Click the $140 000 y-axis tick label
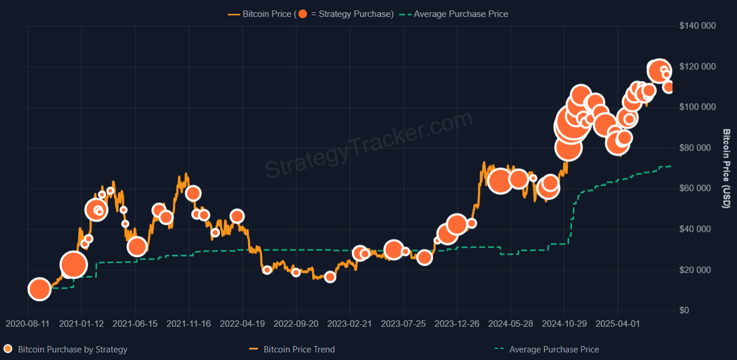[698, 26]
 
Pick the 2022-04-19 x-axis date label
[242, 323]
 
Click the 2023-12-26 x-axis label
[457, 323]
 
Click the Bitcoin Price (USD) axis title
[726, 169]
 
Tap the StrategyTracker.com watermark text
[369, 145]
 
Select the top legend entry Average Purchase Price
[460, 13]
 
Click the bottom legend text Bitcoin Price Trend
[299, 349]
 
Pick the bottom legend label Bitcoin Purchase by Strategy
[72, 349]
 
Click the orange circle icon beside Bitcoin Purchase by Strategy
[8, 349]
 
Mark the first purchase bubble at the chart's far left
[39, 289]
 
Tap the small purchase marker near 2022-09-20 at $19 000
[296, 272]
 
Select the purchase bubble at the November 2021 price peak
[193, 193]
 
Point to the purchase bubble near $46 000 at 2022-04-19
[237, 216]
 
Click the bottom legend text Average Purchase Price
[554, 349]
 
